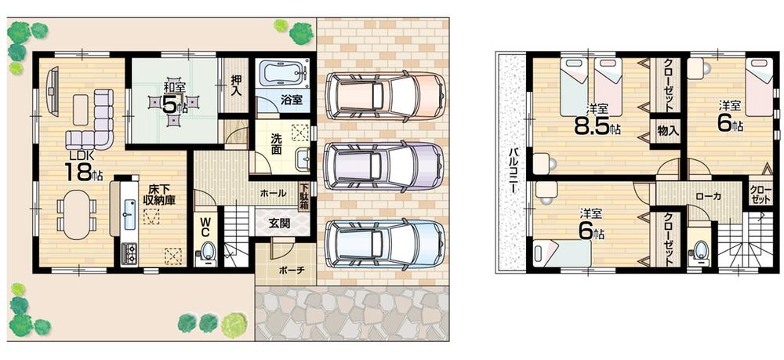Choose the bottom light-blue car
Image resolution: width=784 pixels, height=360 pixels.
pos(384,244)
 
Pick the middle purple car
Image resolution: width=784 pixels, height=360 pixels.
pos(384,167)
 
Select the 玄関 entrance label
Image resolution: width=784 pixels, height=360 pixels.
pos(280,223)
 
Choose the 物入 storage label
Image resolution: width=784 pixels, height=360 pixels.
pos(669,130)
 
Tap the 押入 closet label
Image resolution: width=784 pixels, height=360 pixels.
pos(234,82)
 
